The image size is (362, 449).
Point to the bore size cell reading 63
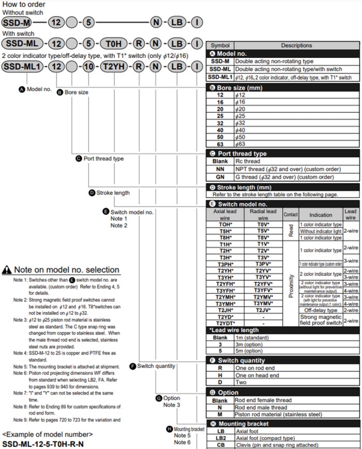click(x=220, y=145)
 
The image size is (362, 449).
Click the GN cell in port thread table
click(x=220, y=176)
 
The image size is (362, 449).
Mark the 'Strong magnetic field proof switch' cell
click(x=322, y=320)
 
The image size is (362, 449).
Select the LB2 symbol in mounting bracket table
click(x=220, y=438)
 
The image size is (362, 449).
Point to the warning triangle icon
click(x=7, y=270)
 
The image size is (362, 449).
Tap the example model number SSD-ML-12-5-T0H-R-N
click(x=43, y=444)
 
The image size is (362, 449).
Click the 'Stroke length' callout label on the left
click(x=113, y=193)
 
